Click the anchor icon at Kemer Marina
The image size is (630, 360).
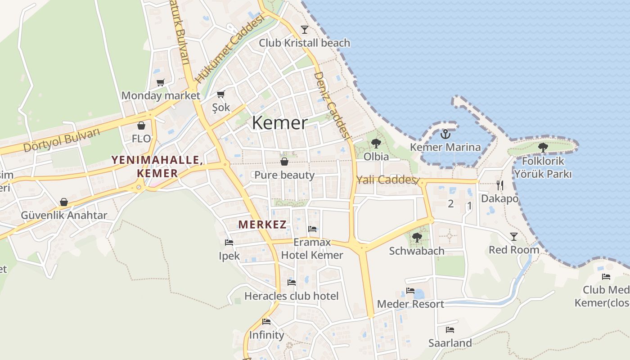coord(445,134)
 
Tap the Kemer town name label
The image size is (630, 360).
coord(280,123)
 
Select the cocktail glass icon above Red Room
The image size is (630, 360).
coord(513,237)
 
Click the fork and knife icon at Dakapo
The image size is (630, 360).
coord(499,185)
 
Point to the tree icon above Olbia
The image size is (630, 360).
coord(376,144)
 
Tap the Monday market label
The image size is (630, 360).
coord(161,95)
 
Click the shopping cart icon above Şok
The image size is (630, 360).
coord(220,94)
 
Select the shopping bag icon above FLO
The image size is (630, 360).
coord(141,125)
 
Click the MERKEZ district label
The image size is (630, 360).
coord(262,225)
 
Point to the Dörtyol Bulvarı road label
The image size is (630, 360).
coord(61,140)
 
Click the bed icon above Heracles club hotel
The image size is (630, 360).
coord(292,283)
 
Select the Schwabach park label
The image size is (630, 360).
coord(417,251)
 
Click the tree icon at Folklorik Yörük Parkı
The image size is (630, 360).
coord(543,147)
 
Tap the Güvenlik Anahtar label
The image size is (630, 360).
coord(64,215)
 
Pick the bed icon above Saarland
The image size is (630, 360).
coord(450,330)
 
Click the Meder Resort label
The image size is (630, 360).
coord(410,304)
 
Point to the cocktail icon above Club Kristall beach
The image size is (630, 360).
coord(305,30)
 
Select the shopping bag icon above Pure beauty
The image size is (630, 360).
coord(284,162)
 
